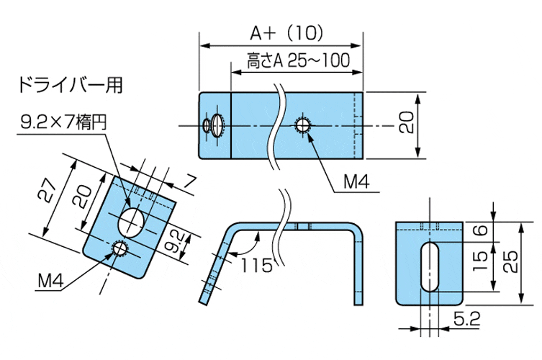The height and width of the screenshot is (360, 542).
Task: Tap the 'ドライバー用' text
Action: pos(70,85)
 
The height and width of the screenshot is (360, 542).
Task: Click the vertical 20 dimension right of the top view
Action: pos(407,125)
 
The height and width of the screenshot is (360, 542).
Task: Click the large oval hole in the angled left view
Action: pos(132,221)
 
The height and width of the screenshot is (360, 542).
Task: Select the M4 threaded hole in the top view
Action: pos(304,126)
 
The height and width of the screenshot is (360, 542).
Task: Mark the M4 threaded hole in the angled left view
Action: pos(119,249)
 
